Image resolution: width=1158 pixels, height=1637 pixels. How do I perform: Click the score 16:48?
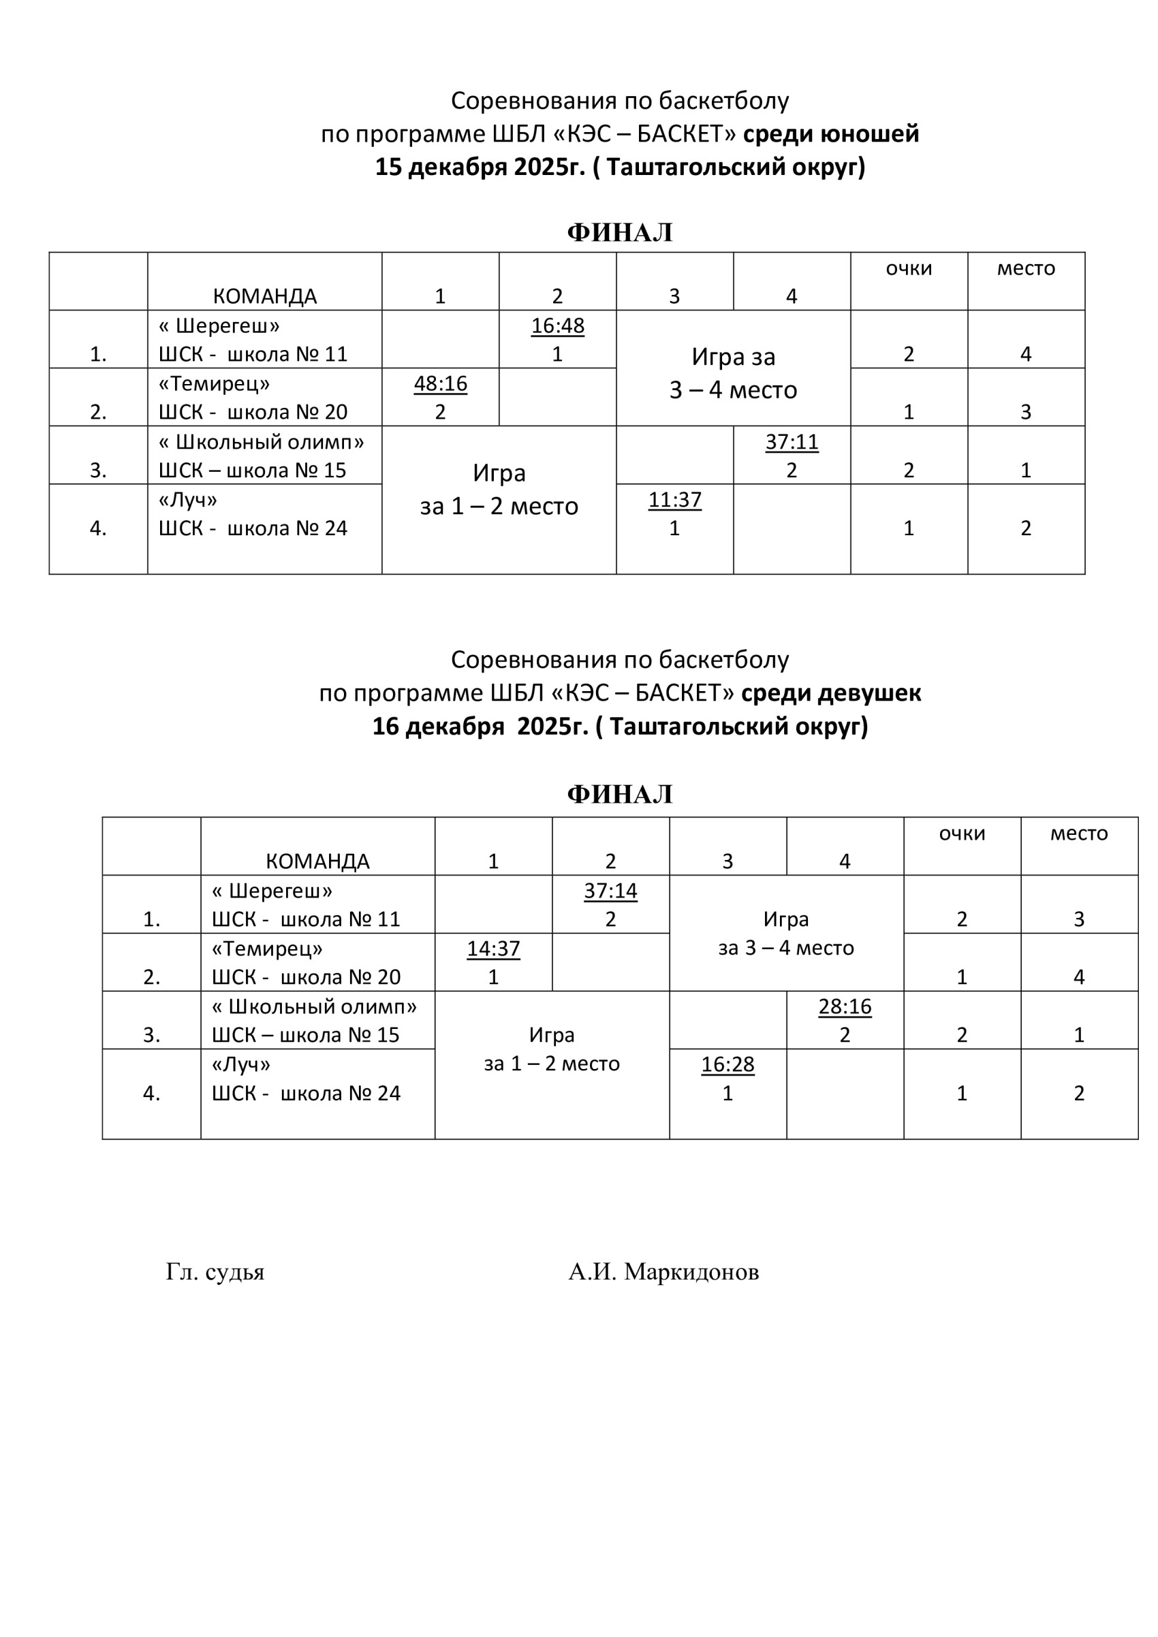coord(557,325)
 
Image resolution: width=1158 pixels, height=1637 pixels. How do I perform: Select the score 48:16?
coord(440,383)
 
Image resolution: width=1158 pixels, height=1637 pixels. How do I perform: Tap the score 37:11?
coord(792,442)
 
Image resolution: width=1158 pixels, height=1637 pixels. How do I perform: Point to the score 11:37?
coord(674,500)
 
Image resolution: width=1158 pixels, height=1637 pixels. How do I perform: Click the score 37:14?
coord(610,891)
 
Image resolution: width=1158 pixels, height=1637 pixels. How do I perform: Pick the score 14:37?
coord(493,949)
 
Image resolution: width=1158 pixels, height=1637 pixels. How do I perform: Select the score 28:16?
coord(845,1006)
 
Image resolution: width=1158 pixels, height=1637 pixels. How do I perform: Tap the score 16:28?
coord(727,1064)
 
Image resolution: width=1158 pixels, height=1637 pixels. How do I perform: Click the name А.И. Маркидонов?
coord(663,1271)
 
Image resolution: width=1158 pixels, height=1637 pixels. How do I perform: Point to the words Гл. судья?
coord(215,1271)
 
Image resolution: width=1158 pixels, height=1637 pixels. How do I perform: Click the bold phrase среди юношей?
coord(831,133)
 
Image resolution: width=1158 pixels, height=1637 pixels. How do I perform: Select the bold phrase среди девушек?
coord(831,693)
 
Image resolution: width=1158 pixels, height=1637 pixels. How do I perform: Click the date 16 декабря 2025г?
coord(478,726)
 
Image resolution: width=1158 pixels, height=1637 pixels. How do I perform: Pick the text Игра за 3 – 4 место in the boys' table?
coord(733,373)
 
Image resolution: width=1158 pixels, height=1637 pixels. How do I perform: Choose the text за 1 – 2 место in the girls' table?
coord(552,1063)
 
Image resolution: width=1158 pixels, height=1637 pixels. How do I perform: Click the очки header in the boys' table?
coord(909,268)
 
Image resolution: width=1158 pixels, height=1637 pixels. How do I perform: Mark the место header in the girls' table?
coord(1079,833)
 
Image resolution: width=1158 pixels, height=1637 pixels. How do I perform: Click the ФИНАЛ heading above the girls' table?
coord(620,793)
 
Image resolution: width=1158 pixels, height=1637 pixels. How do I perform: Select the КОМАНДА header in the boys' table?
coord(264,296)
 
